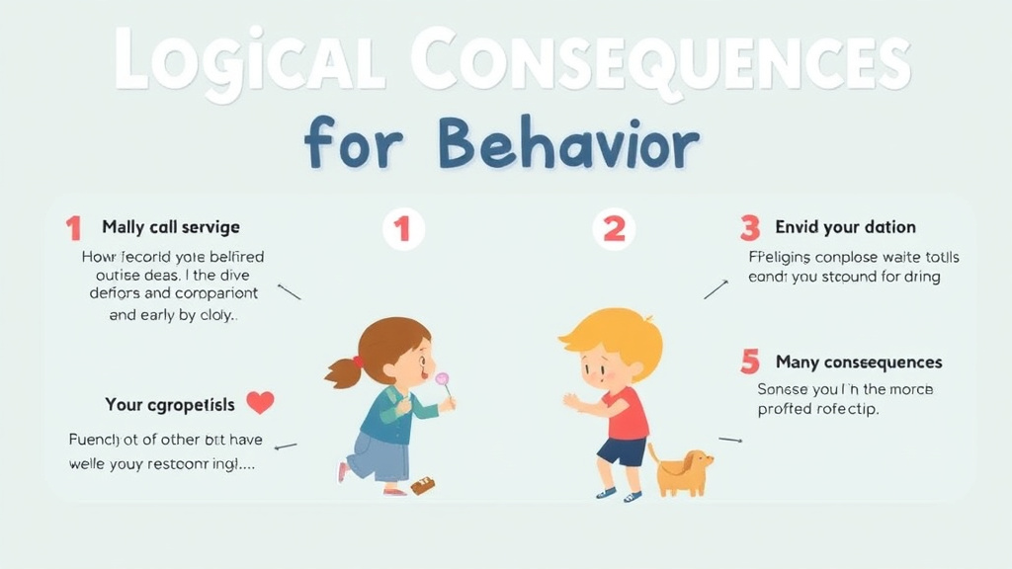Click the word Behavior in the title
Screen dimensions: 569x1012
pos(568,145)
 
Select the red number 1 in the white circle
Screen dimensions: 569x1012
pos(402,229)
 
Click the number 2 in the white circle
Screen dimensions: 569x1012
pos(614,229)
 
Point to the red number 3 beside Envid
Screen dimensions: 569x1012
pos(750,228)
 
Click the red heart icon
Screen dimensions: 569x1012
pos(260,402)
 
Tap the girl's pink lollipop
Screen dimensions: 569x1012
pos(443,380)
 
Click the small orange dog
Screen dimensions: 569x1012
pos(682,471)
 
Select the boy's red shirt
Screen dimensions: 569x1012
pos(627,412)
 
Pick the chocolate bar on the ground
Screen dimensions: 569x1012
pos(422,485)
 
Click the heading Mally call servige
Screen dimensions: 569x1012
pos(171,228)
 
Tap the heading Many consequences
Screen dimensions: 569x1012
pos(859,363)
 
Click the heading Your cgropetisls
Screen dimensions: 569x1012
pos(170,405)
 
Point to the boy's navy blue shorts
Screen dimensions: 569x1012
pos(621,451)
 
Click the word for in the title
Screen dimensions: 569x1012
pos(353,145)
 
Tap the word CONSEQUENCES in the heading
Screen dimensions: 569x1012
pos(659,59)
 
